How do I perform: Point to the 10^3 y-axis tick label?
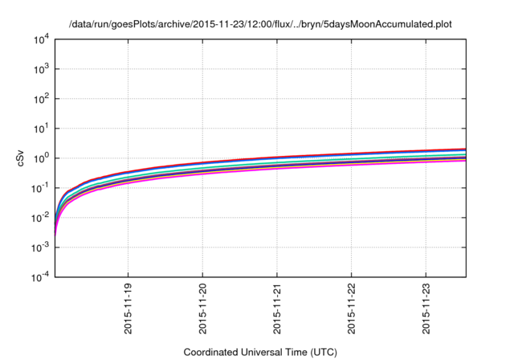[41, 70]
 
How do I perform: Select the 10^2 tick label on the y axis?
[41, 100]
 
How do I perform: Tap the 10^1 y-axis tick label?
[41, 129]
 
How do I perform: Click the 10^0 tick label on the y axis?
[41, 158]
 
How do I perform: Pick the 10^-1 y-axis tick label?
[39, 188]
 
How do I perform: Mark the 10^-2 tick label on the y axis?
[39, 218]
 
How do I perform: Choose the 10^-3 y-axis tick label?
[39, 247]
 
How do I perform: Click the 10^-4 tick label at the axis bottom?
[39, 276]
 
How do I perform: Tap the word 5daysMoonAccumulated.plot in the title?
[389, 24]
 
